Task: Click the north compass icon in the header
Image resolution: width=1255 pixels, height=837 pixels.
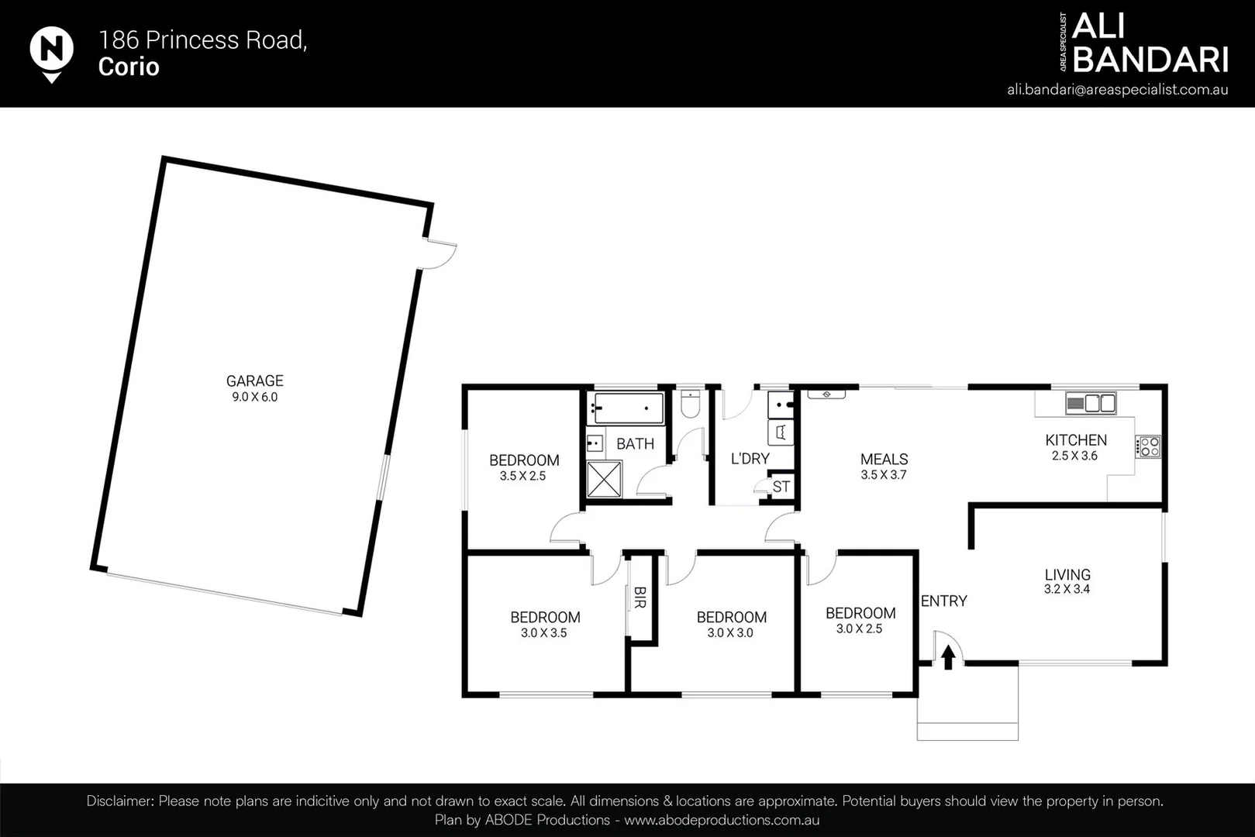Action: (51, 52)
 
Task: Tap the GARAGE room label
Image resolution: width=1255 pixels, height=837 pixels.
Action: (254, 381)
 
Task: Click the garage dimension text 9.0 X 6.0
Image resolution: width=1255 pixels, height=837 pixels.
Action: (254, 397)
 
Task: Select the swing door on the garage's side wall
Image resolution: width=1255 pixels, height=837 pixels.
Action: (439, 253)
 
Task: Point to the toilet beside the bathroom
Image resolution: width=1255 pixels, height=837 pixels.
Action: (690, 405)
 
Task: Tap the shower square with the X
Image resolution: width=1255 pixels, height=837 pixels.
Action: (604, 479)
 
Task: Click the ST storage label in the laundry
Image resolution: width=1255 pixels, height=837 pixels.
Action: (781, 487)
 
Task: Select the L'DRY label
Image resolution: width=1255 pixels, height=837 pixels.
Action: (750, 459)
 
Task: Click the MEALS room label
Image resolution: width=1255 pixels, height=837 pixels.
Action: (884, 459)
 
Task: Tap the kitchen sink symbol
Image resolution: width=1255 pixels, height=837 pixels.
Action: (1090, 403)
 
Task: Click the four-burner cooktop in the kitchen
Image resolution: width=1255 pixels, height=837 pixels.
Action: (1149, 446)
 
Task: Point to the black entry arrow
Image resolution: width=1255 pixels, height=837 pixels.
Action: (947, 657)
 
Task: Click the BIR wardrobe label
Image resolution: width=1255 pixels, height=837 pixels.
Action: (640, 597)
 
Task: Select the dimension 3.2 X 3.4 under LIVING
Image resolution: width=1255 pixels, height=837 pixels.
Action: (1067, 589)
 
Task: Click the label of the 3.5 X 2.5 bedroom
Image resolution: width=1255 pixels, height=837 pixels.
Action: (524, 460)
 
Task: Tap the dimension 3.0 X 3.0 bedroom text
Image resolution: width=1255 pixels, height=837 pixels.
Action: (729, 632)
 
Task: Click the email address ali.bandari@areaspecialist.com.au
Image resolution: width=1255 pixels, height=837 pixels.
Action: (1117, 89)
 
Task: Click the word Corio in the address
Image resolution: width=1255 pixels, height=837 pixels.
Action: (129, 67)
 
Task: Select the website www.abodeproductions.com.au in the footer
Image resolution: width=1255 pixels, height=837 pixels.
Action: (722, 820)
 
